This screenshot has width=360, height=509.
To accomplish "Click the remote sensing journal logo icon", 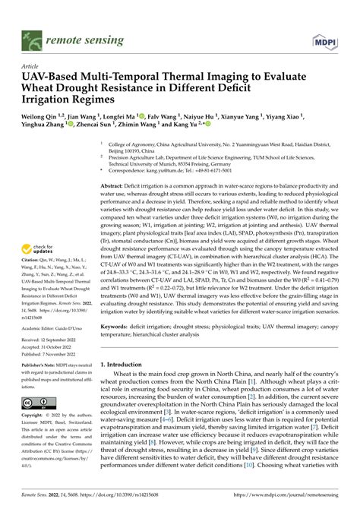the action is (33, 14).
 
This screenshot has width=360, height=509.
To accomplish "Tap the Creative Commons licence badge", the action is (36, 402).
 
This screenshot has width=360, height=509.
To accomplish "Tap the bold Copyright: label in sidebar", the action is (33, 416).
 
